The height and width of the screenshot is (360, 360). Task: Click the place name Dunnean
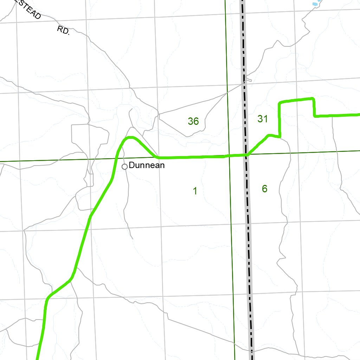click(147, 165)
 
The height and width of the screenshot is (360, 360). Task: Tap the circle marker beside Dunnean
click(124, 167)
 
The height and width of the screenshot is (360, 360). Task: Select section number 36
click(193, 121)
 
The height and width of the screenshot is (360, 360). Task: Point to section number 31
click(263, 119)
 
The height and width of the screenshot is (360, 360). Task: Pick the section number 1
click(195, 191)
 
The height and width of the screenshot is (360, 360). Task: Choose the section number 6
click(265, 189)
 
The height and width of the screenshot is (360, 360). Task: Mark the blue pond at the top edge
click(316, 3)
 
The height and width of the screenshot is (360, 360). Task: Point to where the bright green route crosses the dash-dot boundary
click(246, 155)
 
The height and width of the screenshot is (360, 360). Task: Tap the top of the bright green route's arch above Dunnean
click(130, 137)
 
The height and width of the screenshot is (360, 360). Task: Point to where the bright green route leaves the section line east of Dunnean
click(159, 157)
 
